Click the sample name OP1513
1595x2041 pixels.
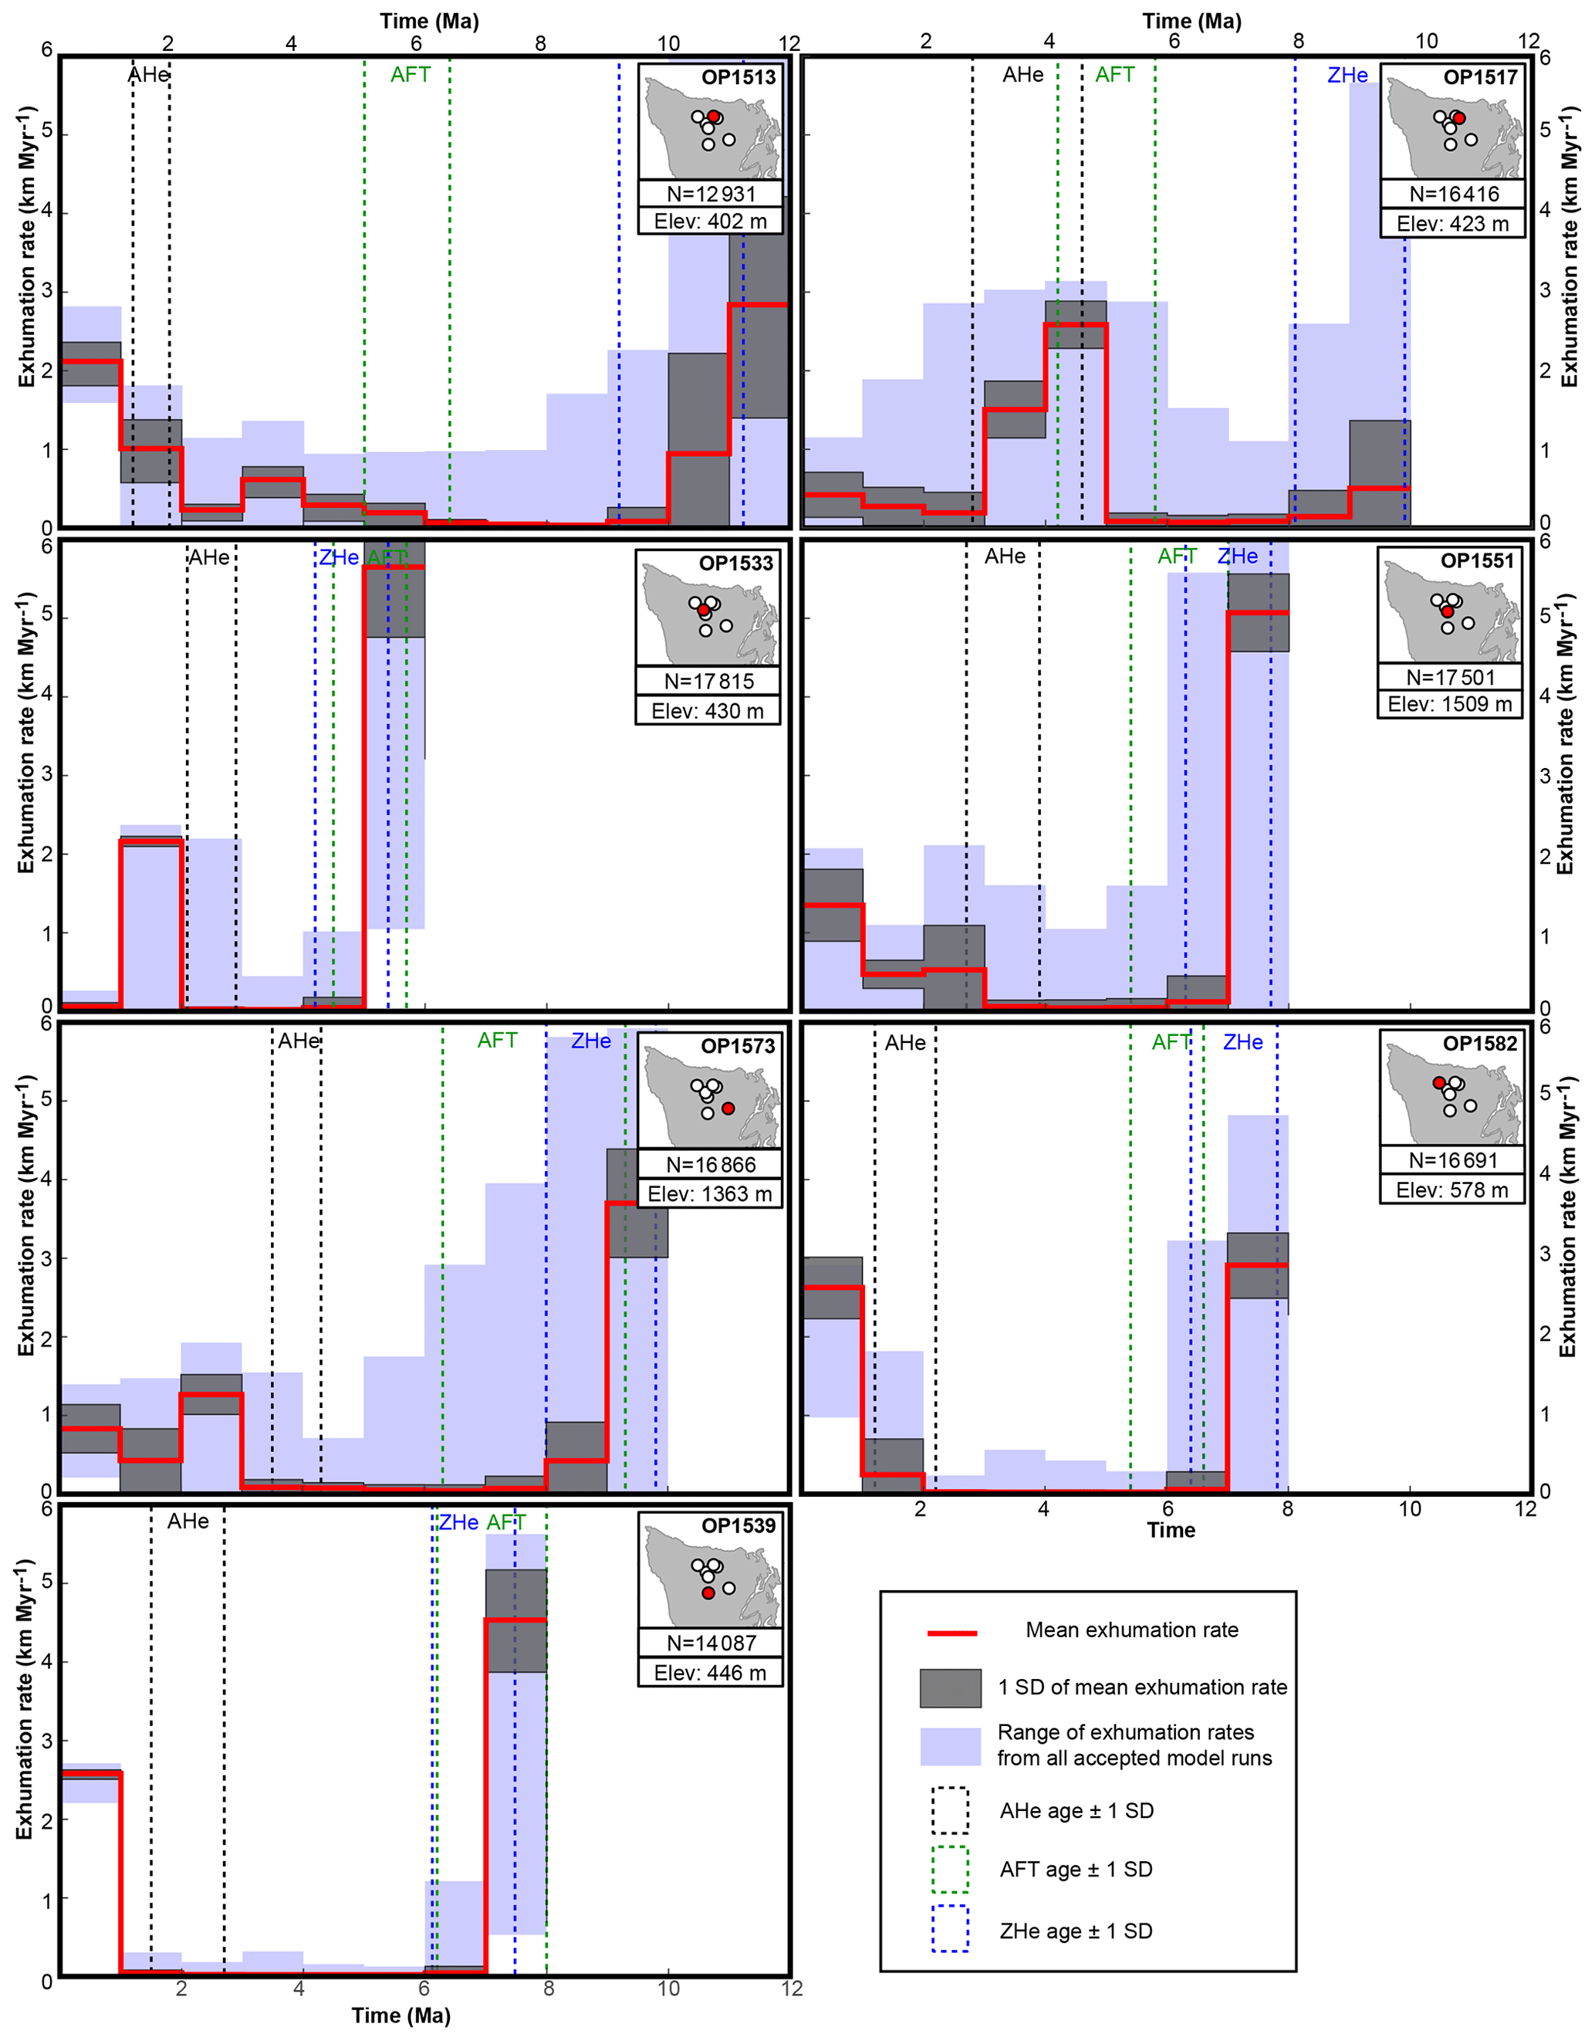[x=738, y=76]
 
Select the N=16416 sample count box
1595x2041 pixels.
[x=1453, y=195]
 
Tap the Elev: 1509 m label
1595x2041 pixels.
[x=1449, y=704]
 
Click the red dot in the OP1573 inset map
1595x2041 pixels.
[x=728, y=1109]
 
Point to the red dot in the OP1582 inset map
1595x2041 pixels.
[x=1439, y=1083]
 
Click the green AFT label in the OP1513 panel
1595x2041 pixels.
[x=411, y=75]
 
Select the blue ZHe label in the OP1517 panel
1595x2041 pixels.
[x=1347, y=76]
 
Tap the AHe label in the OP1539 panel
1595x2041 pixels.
[x=188, y=1521]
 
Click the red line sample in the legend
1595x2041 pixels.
[x=951, y=1633]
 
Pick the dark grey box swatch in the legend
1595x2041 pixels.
[x=950, y=1687]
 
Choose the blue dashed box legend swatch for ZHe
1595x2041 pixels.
[x=950, y=1929]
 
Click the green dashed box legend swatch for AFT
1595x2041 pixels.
[x=950, y=1869]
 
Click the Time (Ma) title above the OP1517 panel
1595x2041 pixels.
[x=1191, y=21]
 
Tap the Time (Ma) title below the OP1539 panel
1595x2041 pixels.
[x=400, y=2016]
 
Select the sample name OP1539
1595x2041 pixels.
[x=738, y=1526]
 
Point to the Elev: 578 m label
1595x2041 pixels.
[x=1451, y=1190]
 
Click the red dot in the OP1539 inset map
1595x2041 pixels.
[x=708, y=1593]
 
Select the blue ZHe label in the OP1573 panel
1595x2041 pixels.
[x=590, y=1041]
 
